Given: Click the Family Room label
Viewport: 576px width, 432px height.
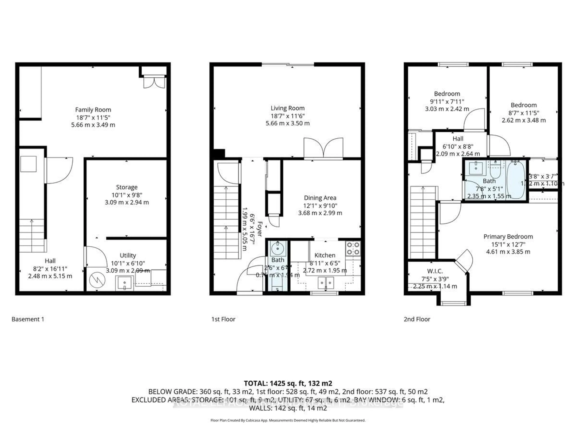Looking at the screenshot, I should [x=93, y=110].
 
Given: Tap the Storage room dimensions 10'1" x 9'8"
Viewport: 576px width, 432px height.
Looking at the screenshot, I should [x=127, y=195].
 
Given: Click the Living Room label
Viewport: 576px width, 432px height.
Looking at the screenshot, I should [x=288, y=108].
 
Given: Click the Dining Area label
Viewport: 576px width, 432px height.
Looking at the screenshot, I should [x=320, y=198].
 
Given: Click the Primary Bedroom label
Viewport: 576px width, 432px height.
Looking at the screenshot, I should [x=508, y=236].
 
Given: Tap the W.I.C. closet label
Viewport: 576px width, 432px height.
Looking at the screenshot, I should [x=435, y=271].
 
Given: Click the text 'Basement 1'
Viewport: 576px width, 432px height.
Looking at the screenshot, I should [x=28, y=319].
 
